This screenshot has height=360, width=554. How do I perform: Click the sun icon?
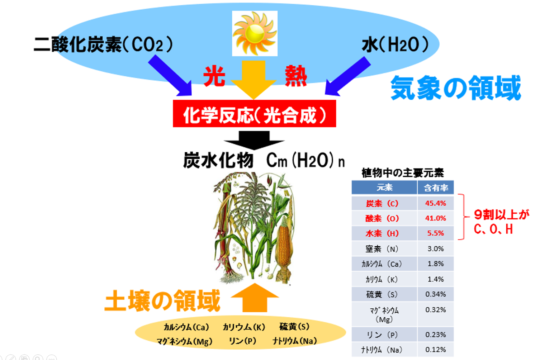point(255,34)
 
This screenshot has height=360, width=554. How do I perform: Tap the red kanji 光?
point(214,76)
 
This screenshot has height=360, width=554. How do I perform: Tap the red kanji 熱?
point(296,76)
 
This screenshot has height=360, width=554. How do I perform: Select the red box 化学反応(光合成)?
point(255,114)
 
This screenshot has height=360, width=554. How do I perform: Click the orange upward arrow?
point(255,298)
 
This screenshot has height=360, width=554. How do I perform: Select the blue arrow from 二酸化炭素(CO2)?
point(171,76)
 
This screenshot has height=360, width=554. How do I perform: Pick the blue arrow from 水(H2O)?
point(347,76)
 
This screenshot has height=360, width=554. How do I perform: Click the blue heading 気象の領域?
point(456,88)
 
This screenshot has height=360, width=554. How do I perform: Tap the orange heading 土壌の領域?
point(162,301)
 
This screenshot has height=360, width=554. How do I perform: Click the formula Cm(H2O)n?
point(306,161)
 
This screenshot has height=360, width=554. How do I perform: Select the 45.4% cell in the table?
point(436,203)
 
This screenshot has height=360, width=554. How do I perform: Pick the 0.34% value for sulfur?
point(436,294)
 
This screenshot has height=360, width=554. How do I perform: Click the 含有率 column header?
point(436,188)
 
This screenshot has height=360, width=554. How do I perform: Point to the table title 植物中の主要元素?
point(403,173)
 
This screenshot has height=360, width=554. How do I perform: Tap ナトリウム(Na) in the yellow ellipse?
point(294,341)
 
